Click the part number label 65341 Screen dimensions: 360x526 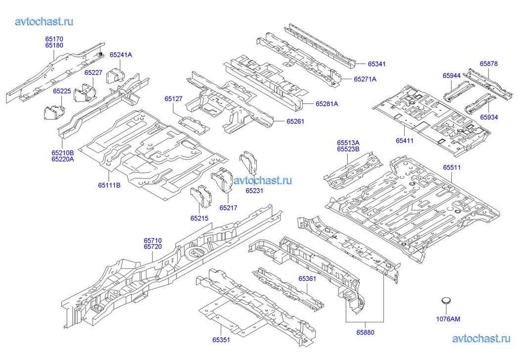pos(377,64)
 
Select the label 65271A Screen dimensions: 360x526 pos(365,79)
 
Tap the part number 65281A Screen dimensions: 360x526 pos(327,104)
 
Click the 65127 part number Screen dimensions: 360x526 pos(174,99)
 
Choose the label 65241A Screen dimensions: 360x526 pos(121,55)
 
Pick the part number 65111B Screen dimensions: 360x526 pos(109,186)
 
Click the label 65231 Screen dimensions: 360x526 pos(255,190)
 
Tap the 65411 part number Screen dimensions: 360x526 pos(404,141)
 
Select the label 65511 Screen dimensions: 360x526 pos(451,168)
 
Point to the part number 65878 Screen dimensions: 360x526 pos(488,63)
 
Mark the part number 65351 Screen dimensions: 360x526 pos(222,339)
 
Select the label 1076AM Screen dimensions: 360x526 pos(448,319)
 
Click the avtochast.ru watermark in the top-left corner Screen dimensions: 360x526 pos(45,21)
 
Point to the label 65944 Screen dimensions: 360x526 pos(451,76)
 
